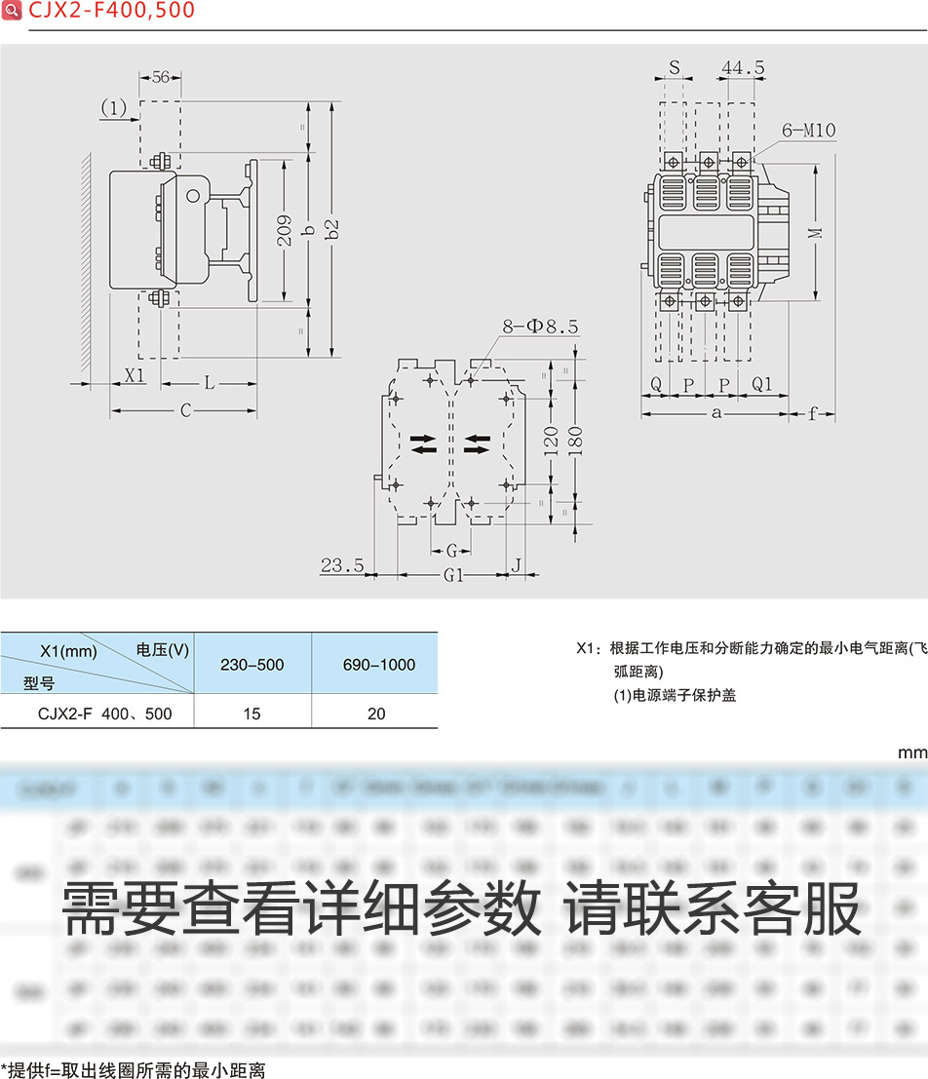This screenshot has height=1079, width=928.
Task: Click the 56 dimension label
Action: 161,77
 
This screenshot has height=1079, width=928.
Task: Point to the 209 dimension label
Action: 283,230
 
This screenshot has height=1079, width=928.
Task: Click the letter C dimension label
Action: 184,410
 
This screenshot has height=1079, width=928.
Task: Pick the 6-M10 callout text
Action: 808,131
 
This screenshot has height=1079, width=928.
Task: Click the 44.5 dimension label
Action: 743,67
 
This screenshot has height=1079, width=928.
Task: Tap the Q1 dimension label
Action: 761,385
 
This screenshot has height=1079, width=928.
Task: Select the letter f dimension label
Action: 813,413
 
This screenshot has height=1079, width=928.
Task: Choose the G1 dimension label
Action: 453,575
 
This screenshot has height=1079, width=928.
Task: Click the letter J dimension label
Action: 518,564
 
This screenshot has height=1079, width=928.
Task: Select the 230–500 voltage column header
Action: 252,665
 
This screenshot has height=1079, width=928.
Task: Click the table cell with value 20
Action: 376,713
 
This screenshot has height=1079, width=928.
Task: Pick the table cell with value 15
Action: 252,713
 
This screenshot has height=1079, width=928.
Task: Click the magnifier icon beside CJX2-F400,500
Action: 12,11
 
